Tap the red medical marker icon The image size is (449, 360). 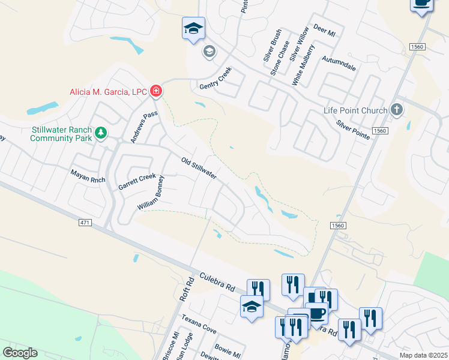point(156,91)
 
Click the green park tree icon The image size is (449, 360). point(101,133)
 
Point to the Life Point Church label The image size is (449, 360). point(357,110)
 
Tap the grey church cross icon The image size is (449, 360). point(396,110)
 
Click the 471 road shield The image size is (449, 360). point(85,223)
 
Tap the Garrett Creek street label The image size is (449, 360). point(137,182)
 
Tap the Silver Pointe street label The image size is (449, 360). point(353,130)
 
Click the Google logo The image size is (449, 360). point(20,353)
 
